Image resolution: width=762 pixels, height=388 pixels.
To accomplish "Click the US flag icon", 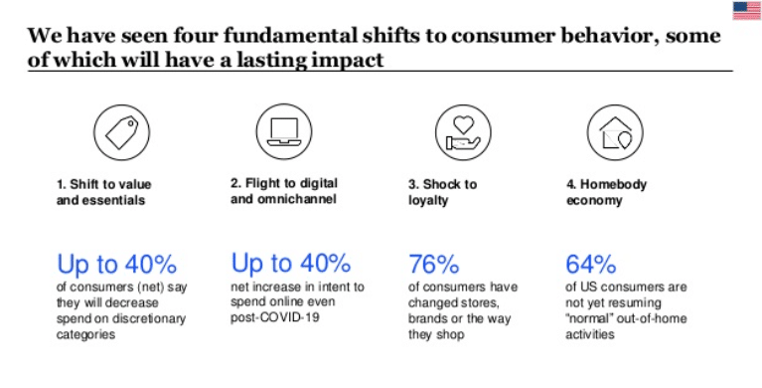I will pos(746,10).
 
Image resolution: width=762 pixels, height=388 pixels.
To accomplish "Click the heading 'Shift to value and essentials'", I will pos(103,191).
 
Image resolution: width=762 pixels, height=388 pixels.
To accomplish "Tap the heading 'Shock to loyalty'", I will pos(443,191).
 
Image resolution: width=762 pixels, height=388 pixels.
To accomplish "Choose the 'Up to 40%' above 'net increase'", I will pos(290,264).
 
